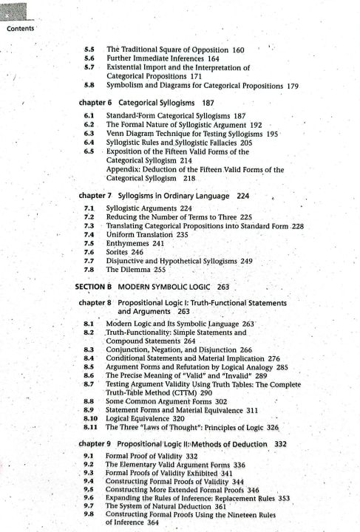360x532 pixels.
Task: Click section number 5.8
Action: [89, 86]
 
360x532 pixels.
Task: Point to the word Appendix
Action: [125, 169]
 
